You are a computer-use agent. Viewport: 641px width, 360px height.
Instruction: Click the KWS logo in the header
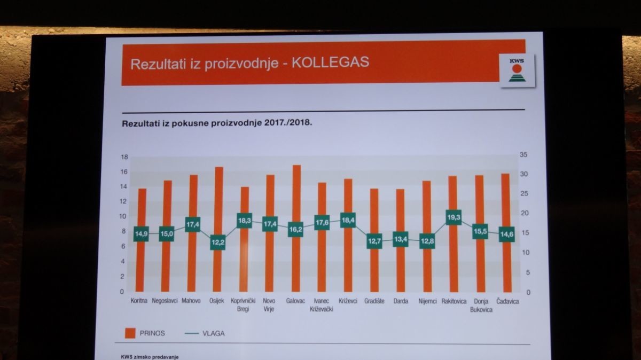coord(517,71)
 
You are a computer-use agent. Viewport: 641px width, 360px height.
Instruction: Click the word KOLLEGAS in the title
coord(330,62)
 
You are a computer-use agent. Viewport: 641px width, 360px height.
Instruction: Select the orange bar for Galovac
coord(296,228)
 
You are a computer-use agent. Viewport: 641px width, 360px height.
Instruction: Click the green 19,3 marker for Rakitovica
coord(454,217)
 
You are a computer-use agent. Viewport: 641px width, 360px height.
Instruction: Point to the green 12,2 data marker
coord(218,242)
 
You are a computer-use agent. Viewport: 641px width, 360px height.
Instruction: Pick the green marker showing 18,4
coord(348,220)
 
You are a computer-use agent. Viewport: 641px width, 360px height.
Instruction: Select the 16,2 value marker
coord(295,229)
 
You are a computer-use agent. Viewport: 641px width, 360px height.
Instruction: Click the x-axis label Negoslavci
coord(165,301)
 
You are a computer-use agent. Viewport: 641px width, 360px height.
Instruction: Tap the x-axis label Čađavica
coord(507,301)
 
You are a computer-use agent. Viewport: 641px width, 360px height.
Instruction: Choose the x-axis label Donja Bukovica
coord(481,306)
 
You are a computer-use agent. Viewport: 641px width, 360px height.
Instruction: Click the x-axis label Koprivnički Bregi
coord(243,305)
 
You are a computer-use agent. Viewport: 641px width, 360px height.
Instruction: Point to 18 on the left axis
coord(124,157)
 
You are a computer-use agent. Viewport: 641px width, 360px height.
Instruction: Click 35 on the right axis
coord(523,154)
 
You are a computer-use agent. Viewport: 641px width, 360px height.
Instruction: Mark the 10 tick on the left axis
coord(122,216)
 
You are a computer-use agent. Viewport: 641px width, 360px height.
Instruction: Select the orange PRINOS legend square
coord(130,333)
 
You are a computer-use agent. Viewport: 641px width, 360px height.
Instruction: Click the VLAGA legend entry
coord(205,333)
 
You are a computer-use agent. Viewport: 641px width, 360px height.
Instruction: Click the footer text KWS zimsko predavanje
coord(150,357)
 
